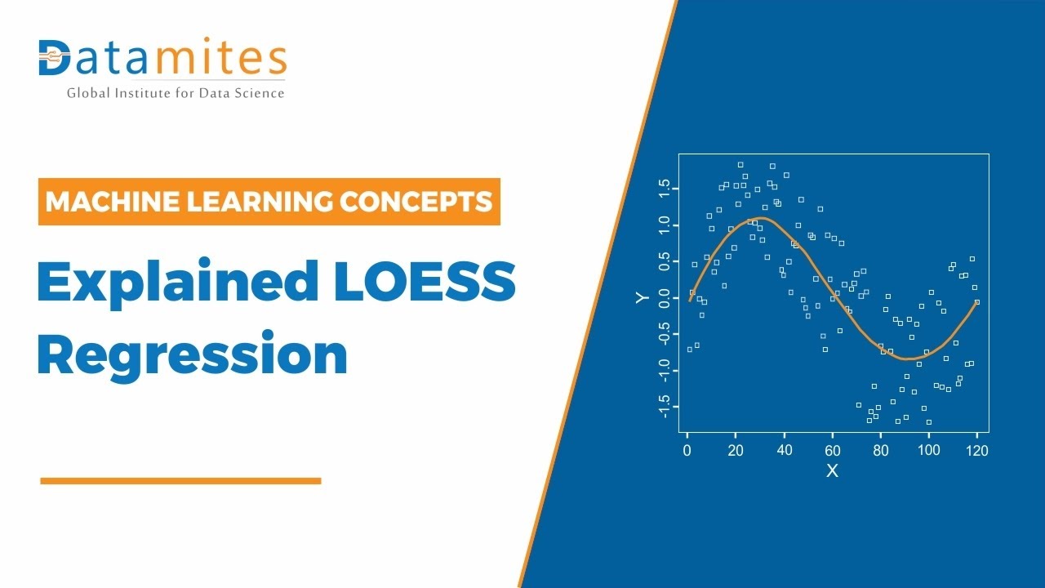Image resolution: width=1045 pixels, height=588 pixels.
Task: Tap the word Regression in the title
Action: pos(193,355)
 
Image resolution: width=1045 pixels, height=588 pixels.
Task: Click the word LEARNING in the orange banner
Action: pos(261,201)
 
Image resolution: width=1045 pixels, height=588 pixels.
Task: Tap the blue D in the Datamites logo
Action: pos(55,57)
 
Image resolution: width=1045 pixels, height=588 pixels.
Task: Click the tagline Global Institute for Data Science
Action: pos(176,93)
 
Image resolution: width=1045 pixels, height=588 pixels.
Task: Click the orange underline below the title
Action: pos(180,481)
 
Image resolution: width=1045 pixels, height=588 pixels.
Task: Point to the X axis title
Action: pos(832,471)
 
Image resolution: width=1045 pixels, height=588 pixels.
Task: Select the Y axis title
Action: pos(643,297)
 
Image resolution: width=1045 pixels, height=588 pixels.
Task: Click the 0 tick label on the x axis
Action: pos(687,450)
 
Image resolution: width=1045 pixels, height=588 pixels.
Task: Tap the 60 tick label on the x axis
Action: pos(832,450)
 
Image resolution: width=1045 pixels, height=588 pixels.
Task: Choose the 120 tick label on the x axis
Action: pos(976,450)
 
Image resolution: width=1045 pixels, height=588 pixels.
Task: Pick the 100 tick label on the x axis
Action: pos(928,450)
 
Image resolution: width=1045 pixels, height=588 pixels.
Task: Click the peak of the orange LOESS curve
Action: pos(759,218)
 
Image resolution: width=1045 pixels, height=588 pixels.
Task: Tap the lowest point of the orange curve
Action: pos(906,359)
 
